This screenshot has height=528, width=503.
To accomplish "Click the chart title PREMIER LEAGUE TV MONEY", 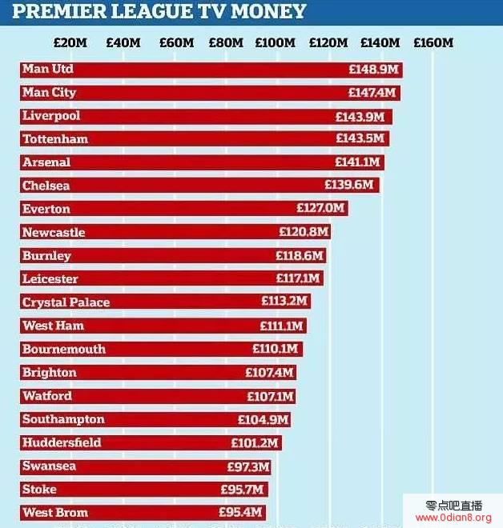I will pos(159,11).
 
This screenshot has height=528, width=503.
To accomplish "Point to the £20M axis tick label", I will pos(70,42).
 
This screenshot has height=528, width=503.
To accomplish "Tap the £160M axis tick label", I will pos(433,42).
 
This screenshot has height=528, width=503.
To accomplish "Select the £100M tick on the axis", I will pos(275,42).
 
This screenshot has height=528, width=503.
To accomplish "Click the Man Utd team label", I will pos(48,69).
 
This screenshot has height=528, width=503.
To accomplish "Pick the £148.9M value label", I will pos(372,70).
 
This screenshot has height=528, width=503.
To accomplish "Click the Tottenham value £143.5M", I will pos(360,139).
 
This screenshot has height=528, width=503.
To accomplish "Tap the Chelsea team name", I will pos(46,186).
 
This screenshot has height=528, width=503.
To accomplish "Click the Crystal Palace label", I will pos(66,302).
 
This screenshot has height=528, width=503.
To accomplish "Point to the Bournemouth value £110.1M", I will pos(275,349).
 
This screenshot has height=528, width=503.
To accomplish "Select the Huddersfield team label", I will pos(62,442).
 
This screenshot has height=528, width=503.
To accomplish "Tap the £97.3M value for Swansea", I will pos(247,466).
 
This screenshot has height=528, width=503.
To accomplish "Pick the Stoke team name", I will pos(39,490).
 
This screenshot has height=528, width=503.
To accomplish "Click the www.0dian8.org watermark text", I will pos(453,518).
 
